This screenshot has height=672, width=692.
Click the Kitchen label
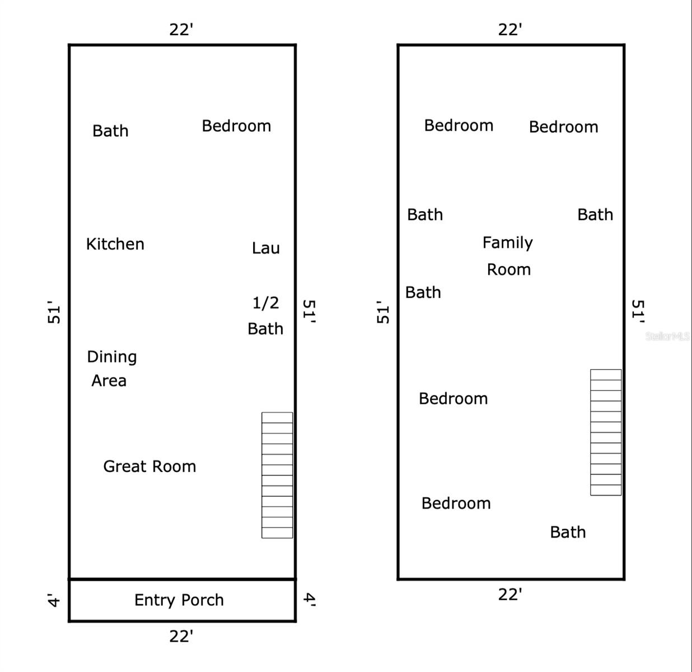pyautogui.click(x=115, y=244)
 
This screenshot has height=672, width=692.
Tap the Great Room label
pyautogui.click(x=149, y=466)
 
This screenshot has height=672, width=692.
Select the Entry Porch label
pyautogui.click(x=179, y=600)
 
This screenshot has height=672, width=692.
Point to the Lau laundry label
pyautogui.click(x=265, y=248)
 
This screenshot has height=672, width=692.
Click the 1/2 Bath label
pyautogui.click(x=265, y=316)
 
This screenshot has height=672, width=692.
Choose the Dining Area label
pyautogui.click(x=111, y=368)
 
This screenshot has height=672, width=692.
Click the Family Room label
pyautogui.click(x=508, y=256)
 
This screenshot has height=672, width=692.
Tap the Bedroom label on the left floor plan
pyautogui.click(x=236, y=126)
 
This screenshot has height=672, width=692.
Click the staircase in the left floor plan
pyautogui.click(x=277, y=475)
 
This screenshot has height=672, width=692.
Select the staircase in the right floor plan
pyautogui.click(x=606, y=432)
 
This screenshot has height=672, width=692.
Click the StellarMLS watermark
pyautogui.click(x=667, y=336)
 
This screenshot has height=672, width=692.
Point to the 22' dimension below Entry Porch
pyautogui.click(x=181, y=636)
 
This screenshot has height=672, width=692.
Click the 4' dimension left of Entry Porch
pyautogui.click(x=54, y=600)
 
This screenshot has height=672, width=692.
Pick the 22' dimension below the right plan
pyautogui.click(x=510, y=595)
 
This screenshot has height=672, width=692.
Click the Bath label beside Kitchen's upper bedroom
pyautogui.click(x=110, y=131)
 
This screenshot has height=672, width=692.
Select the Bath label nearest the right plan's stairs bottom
pyautogui.click(x=568, y=532)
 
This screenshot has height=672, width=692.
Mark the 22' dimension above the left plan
pyautogui.click(x=181, y=30)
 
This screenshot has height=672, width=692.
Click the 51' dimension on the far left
pyautogui.click(x=54, y=312)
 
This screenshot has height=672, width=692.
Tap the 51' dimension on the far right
pyautogui.click(x=638, y=311)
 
